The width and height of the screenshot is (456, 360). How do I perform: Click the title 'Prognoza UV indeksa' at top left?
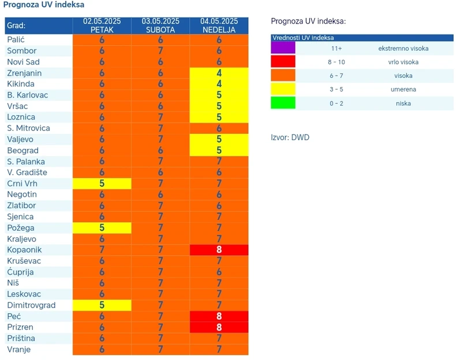coord(44,5)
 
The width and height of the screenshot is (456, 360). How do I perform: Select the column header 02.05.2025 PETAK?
coord(102,25)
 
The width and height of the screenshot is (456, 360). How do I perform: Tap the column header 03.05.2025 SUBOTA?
coord(160,25)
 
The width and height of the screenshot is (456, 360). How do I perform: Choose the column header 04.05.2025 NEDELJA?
coord(219,25)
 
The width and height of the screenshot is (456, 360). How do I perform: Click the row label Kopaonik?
coord(24,250)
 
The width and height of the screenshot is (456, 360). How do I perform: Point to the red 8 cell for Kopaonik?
coord(219,250)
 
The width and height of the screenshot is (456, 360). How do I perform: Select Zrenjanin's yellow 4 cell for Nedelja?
coord(219,73)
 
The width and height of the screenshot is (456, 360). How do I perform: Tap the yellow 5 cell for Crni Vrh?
coord(102,183)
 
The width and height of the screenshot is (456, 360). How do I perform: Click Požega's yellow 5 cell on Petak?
coord(102,228)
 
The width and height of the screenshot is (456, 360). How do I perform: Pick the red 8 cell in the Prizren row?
coord(219,327)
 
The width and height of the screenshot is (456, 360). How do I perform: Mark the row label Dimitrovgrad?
coord(31,305)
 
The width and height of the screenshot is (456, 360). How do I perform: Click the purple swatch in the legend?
coord(283,48)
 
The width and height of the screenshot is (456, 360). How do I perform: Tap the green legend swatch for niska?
coord(283,103)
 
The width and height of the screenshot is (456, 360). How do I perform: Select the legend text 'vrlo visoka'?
coord(403,62)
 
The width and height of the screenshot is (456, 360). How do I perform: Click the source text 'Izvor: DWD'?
coord(290,137)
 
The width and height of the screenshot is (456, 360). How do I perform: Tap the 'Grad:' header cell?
coord(17,26)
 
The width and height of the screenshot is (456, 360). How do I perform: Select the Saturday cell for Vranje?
coord(160,349)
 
